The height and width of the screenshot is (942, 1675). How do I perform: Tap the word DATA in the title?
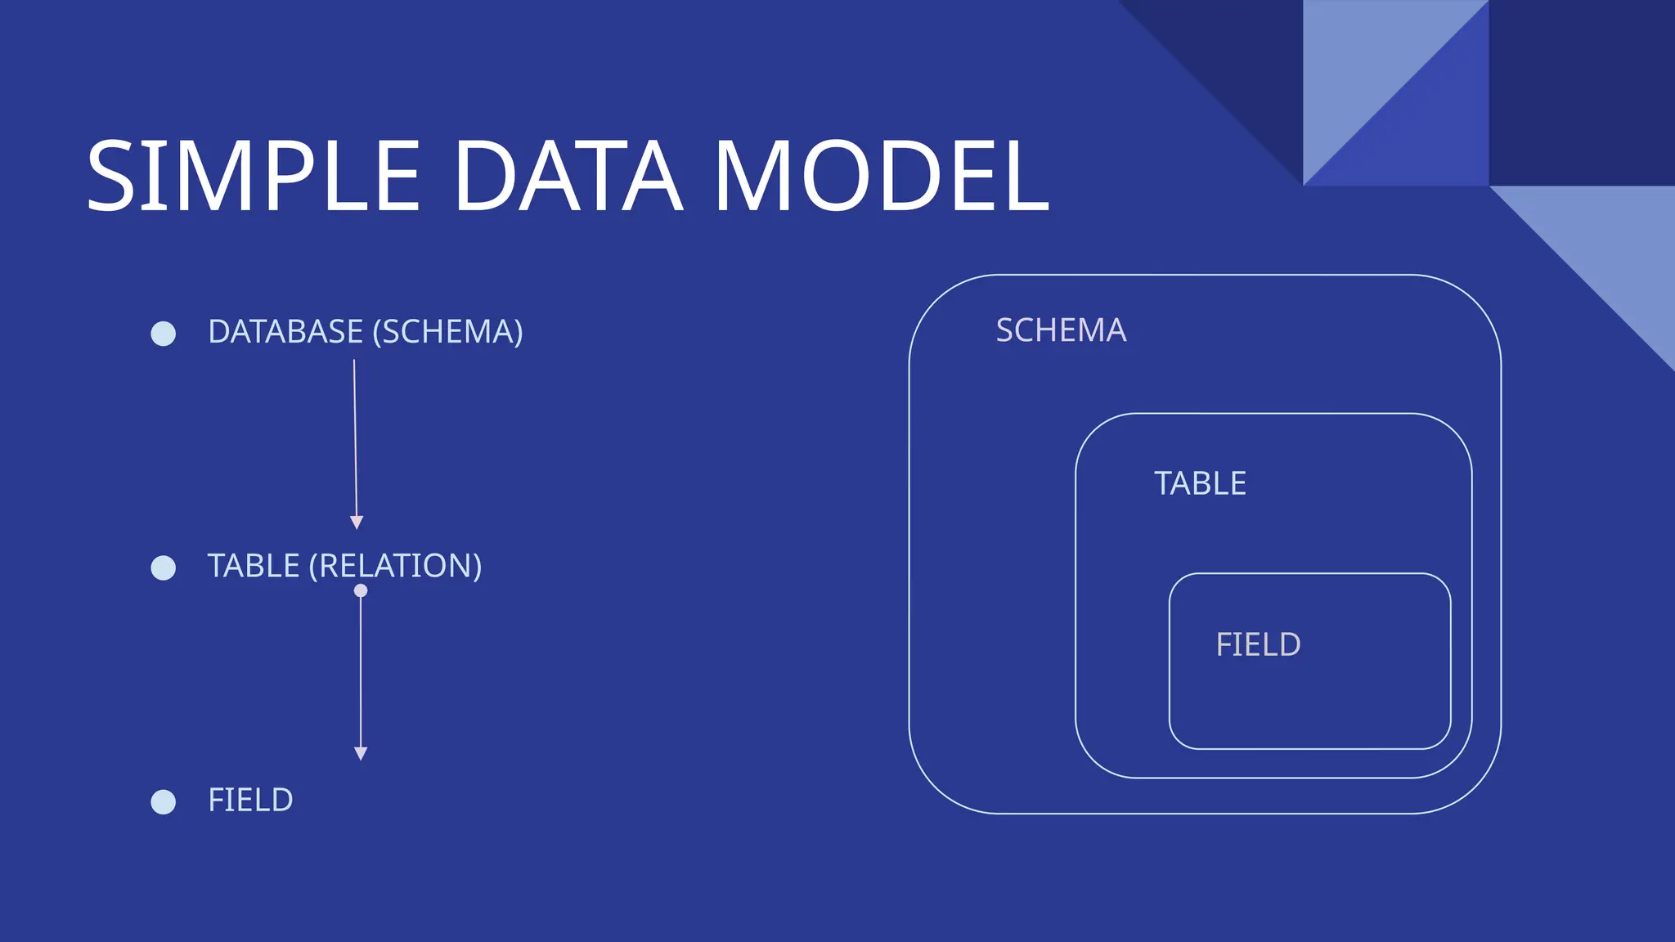click(x=568, y=177)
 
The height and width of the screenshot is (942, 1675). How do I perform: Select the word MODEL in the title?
click(x=881, y=177)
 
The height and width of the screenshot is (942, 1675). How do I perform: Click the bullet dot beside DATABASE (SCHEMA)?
click(x=164, y=334)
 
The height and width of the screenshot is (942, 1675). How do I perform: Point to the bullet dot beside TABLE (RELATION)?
click(x=164, y=567)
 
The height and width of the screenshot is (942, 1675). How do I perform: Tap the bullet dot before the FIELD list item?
click(x=164, y=801)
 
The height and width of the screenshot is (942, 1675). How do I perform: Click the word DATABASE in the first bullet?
click(x=285, y=332)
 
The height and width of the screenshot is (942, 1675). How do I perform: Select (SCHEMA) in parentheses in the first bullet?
click(x=447, y=332)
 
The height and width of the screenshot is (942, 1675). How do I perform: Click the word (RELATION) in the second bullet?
click(x=395, y=566)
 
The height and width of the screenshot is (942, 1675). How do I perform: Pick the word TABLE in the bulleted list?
click(x=254, y=566)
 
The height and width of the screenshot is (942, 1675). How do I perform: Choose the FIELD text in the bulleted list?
click(x=250, y=800)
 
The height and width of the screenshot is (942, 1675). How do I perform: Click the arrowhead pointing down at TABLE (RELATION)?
click(x=357, y=523)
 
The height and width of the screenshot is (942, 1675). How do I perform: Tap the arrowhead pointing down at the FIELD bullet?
click(x=361, y=753)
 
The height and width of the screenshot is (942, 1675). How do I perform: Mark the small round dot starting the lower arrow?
click(x=361, y=590)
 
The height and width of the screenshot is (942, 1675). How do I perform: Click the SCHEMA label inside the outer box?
click(x=1061, y=330)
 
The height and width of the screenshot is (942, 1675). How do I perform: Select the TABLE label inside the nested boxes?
click(x=1200, y=483)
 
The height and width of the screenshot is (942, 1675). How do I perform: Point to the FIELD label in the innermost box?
click(x=1258, y=644)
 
